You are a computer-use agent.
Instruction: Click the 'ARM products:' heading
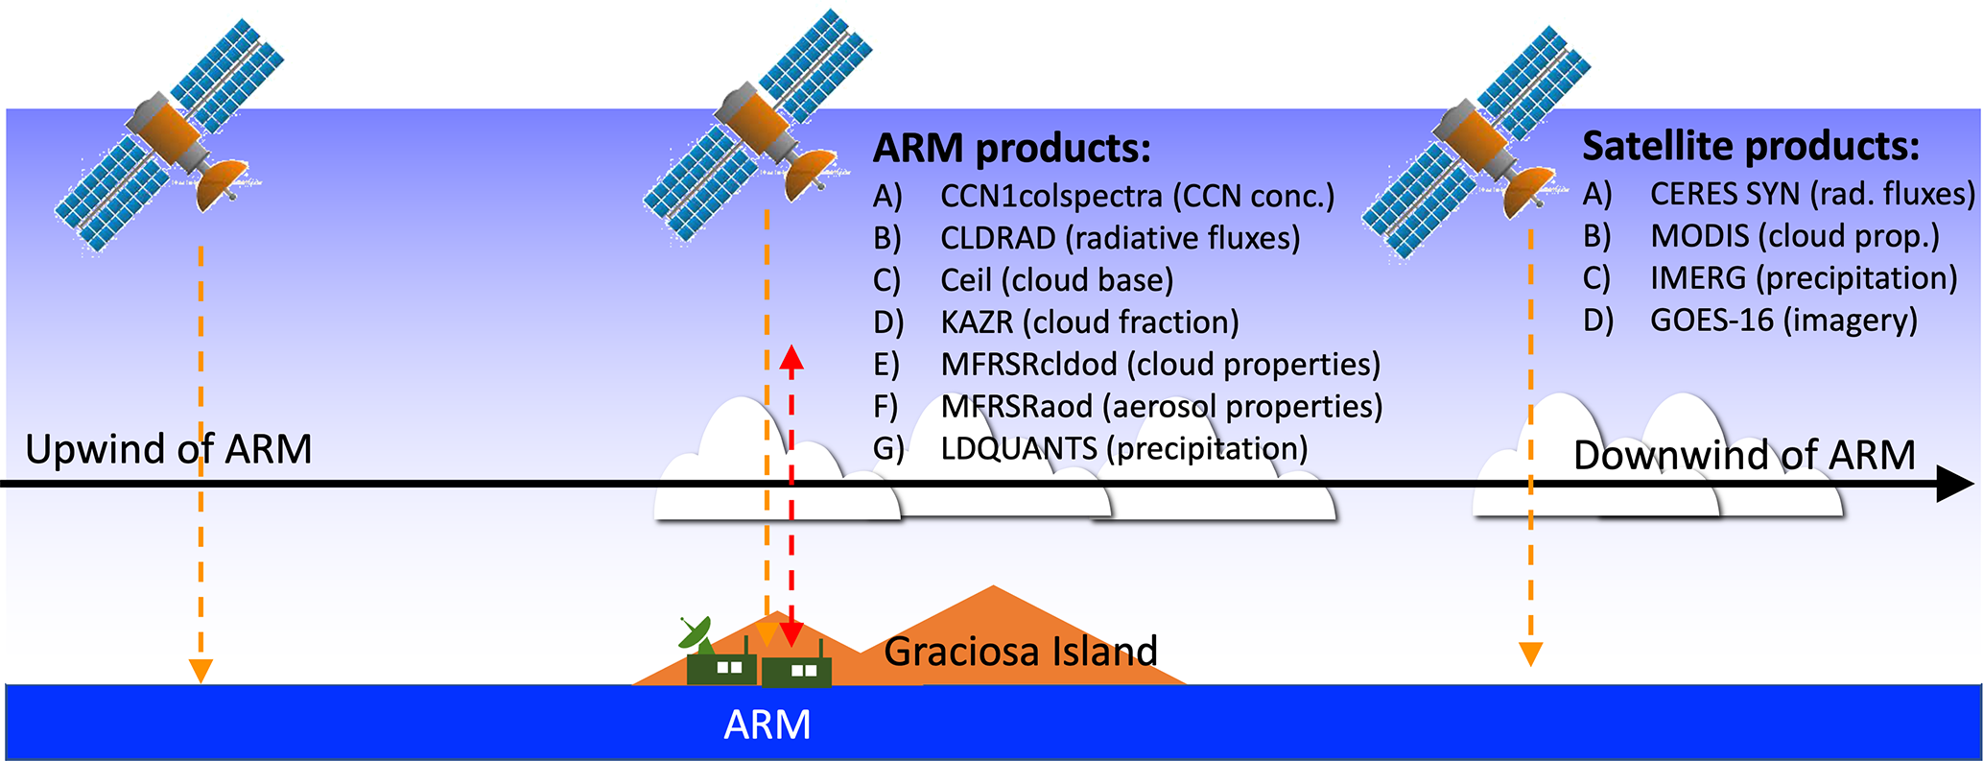[1011, 149]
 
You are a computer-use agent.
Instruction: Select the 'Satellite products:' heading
[1751, 146]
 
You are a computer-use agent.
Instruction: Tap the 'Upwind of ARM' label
[169, 449]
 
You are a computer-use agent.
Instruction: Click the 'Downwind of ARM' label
[1744, 455]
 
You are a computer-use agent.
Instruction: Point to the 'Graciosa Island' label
[1020, 652]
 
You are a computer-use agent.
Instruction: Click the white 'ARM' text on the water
[767, 725]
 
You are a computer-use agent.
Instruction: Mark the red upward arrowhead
[791, 358]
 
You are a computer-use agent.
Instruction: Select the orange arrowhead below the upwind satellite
[201, 670]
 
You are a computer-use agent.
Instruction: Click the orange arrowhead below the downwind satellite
[1530, 654]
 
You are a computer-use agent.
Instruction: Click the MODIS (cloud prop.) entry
[1794, 236]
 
